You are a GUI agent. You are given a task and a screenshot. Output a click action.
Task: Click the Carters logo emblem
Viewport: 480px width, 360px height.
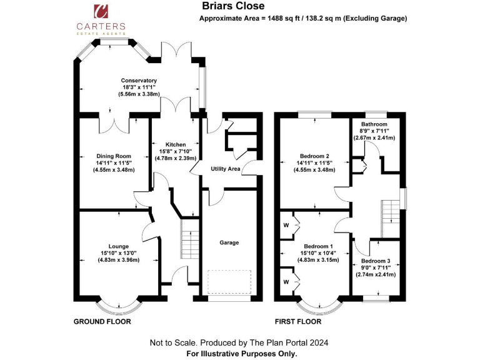coord(101,12)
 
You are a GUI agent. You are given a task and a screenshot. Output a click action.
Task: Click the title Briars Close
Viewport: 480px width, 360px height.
coord(229,6)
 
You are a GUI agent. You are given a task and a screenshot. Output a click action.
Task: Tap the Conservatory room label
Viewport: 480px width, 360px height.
coord(139,81)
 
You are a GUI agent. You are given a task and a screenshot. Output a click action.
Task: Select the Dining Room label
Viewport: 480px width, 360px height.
coord(114,156)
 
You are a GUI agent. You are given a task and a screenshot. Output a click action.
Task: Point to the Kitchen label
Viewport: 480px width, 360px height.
coord(176,144)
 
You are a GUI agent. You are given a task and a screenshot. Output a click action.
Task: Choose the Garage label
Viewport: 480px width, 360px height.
coord(229,242)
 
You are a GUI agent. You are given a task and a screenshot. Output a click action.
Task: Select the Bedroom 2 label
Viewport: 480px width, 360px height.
coord(314,156)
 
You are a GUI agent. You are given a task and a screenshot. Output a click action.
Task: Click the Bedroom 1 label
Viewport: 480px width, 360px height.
coord(314,246)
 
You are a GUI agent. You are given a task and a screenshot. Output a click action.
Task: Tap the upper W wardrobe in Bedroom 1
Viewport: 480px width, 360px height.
coord(286,224)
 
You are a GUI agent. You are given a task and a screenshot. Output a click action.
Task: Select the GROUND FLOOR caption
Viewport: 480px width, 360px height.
coord(102,322)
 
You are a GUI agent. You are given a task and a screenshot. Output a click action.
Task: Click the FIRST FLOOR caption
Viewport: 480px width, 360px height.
coord(298,322)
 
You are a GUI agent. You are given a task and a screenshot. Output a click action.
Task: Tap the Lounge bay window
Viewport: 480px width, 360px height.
coord(119,304)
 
